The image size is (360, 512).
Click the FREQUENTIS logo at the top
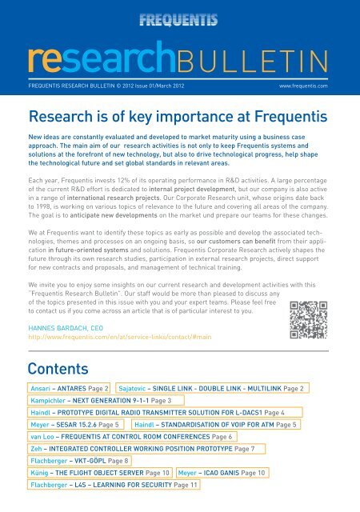click(180, 19)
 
